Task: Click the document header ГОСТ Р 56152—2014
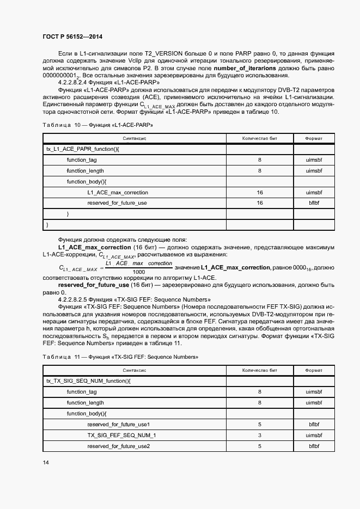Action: pos(72,36)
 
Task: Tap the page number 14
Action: pos(46,462)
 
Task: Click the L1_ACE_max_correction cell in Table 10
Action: pos(117,192)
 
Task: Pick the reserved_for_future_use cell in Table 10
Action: pos(117,203)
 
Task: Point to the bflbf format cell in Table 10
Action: pos(314,203)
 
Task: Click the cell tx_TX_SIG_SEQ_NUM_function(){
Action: pos(88,381)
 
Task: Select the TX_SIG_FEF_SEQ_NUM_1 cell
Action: pos(121,435)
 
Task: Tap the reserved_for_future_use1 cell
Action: pos(118,424)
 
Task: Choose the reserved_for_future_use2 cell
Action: pos(118,446)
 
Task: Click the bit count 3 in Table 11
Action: pos(260,435)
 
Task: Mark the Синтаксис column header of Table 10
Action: pos(134,138)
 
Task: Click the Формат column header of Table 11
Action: pos(314,370)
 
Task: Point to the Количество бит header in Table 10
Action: pos(260,138)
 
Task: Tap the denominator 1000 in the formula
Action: pos(138,272)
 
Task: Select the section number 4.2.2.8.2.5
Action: pos(75,299)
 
